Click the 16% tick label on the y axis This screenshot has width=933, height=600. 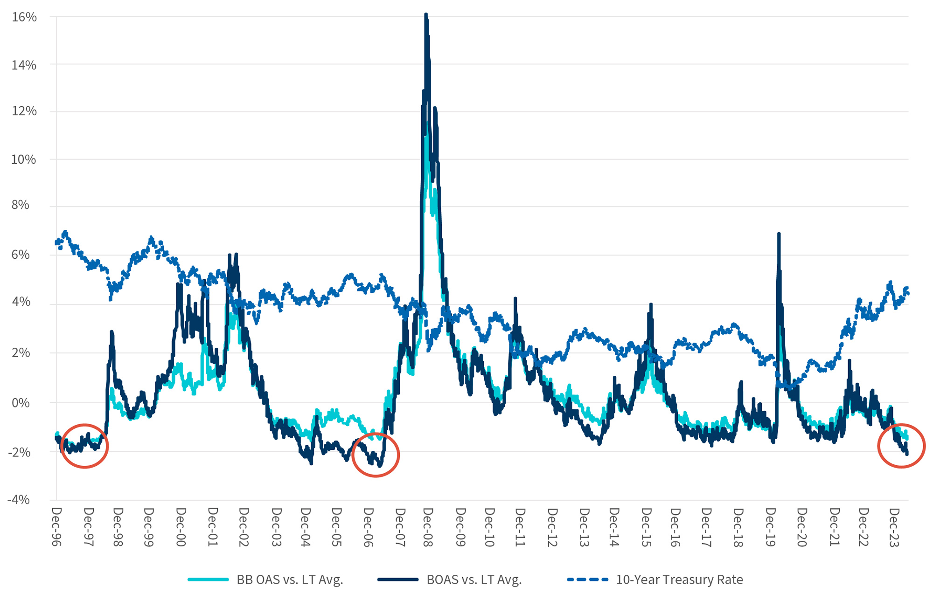24,17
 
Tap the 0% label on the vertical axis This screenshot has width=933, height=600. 21,403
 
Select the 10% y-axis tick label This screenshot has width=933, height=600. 24,159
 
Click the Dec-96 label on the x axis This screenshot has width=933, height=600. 56,527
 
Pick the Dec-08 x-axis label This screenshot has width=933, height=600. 427,527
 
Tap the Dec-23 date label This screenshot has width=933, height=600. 894,527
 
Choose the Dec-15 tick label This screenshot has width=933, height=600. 646,527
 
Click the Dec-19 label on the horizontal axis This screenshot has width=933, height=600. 770,527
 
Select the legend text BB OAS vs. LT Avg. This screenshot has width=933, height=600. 290,579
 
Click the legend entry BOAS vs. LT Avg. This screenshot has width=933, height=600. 474,579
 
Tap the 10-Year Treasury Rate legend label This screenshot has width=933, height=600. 679,579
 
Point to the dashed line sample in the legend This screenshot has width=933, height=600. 588,579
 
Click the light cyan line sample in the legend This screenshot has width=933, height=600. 208,579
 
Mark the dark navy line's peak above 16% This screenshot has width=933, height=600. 426,15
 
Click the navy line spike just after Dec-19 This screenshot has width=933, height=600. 779,234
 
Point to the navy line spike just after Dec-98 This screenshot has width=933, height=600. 111,332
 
